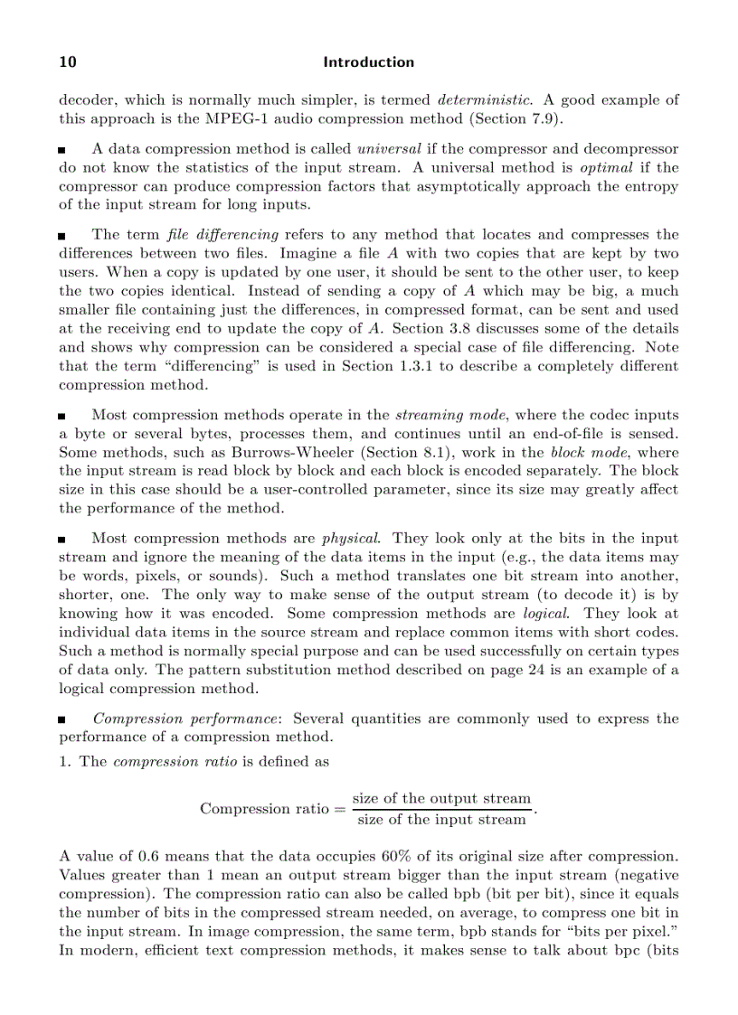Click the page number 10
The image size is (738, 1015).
click(68, 62)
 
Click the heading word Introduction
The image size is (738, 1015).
click(369, 62)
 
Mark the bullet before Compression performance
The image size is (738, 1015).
click(62, 721)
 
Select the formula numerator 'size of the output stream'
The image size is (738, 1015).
click(441, 798)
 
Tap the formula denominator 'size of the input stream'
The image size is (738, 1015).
click(441, 820)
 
